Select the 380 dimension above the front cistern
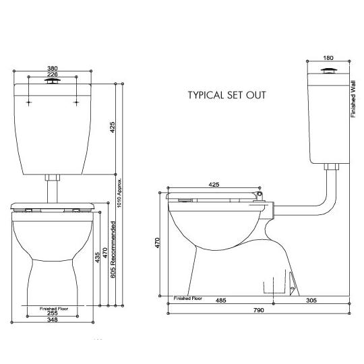51,69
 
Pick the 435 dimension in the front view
98,257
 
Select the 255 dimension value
52,313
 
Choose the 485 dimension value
219,301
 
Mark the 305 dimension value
311,301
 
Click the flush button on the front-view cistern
52,80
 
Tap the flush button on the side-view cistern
328,71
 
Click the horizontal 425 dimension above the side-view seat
214,183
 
